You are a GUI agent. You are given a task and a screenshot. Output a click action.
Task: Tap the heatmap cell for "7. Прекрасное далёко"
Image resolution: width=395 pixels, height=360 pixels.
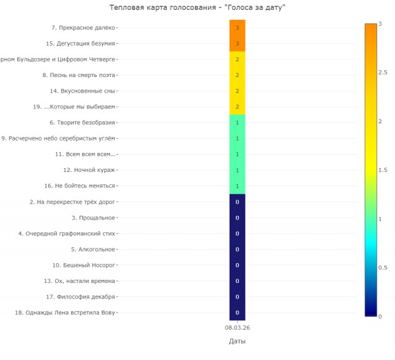(237, 28)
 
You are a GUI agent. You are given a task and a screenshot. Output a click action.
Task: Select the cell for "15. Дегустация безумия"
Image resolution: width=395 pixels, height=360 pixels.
(237, 44)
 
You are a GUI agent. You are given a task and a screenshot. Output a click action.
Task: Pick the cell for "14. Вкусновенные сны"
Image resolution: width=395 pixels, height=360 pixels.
(237, 91)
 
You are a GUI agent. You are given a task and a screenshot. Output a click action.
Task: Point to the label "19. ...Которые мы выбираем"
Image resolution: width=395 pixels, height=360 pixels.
(74, 107)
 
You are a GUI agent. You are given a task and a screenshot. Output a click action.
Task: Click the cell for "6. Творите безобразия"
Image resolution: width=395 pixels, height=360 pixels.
(237, 123)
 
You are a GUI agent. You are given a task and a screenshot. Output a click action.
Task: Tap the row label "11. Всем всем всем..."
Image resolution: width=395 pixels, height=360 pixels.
(85, 155)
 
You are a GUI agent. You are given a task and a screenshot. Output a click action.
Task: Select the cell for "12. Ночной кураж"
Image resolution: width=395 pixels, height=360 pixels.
(237, 170)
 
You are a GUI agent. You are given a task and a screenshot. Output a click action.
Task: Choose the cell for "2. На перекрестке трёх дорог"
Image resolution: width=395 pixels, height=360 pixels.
(237, 202)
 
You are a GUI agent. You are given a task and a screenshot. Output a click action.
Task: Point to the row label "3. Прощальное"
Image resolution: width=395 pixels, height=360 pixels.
(93, 218)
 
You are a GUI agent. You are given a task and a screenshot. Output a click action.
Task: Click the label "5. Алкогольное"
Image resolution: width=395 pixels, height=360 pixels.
(93, 250)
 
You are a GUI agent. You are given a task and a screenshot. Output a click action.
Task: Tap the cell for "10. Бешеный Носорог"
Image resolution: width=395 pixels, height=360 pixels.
(237, 265)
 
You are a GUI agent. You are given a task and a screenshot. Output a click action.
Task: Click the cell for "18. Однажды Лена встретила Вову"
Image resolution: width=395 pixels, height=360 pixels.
(237, 313)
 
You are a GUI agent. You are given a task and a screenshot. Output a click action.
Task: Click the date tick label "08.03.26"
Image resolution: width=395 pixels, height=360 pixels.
(237, 328)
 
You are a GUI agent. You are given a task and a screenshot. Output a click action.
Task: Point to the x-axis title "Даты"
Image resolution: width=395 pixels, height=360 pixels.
(237, 342)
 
